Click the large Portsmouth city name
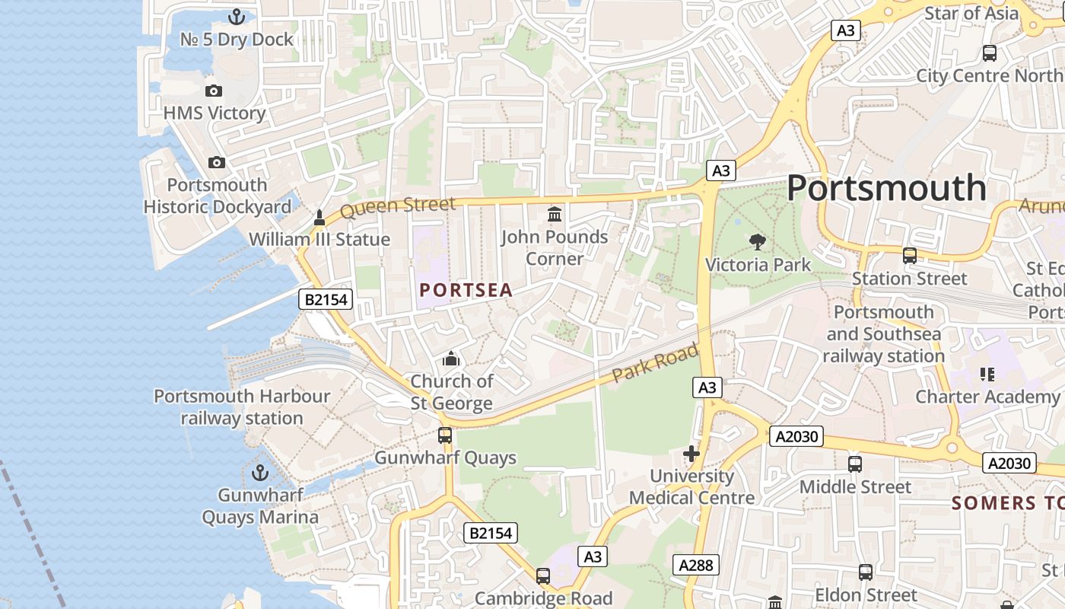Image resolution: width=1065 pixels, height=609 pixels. [886, 187]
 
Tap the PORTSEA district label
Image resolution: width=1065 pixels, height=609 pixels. [466, 290]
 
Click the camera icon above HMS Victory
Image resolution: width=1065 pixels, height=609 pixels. [214, 91]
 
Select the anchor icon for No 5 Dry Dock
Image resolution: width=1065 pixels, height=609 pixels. [237, 16]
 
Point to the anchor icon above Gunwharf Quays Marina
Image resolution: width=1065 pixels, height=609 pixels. [260, 473]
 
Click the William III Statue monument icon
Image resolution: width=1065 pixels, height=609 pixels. [319, 218]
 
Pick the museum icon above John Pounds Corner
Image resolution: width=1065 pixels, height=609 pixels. [555, 215]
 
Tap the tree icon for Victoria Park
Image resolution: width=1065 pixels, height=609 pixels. [757, 243]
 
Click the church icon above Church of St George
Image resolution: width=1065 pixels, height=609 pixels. [451, 359]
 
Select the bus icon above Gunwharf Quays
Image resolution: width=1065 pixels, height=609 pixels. [445, 435]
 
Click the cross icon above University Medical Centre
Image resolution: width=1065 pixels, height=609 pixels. [691, 454]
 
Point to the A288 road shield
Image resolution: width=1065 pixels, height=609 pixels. [696, 565]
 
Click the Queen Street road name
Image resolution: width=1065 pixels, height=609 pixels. [397, 206]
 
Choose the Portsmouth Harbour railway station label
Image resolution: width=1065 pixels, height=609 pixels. [242, 407]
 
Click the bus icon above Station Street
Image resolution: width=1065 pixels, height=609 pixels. [909, 256]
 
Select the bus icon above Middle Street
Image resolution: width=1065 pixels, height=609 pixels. [855, 464]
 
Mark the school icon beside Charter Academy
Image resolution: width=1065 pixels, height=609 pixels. [987, 374]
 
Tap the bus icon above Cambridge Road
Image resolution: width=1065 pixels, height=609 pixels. [543, 576]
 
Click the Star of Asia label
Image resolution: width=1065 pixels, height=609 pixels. [971, 13]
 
